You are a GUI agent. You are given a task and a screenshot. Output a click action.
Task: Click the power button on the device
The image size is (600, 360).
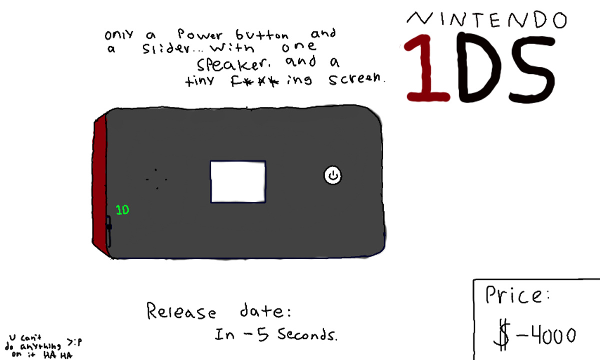333,175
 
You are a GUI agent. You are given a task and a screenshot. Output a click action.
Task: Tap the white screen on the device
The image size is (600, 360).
238,181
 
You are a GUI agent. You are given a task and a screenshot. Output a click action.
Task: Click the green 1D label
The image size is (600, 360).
122,210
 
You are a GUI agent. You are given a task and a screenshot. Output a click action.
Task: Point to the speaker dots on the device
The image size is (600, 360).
156,179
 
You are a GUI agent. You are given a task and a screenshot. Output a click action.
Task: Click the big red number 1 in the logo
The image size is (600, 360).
427,68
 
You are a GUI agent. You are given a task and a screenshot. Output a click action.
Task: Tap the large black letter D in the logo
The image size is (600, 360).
480,67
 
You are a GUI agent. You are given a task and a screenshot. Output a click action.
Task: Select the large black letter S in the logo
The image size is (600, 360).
532,68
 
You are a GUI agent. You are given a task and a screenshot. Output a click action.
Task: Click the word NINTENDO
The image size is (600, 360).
487,19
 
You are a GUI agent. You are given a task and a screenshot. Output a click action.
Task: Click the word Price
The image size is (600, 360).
517,295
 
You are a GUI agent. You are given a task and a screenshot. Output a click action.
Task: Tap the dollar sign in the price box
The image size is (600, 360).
502,336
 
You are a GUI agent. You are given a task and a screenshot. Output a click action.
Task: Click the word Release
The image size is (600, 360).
181,311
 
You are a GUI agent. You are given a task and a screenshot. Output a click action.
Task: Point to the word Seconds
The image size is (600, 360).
307,334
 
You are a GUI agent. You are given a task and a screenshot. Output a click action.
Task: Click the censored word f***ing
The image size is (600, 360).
271,80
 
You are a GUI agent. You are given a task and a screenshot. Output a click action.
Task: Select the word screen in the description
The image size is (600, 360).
357,78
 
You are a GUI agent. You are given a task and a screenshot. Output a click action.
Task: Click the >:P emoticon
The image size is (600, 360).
74,342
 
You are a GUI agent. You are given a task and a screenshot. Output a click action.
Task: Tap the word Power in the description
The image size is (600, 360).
200,34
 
